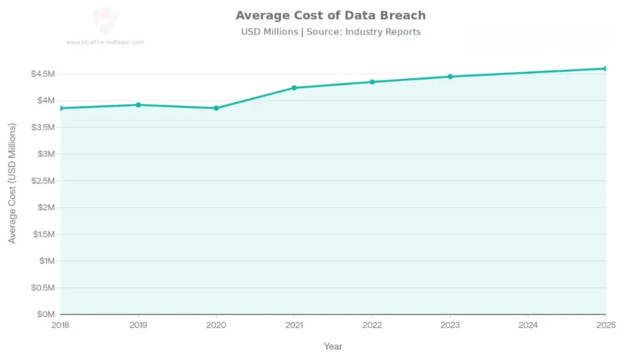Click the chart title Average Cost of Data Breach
331,15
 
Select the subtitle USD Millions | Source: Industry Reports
331,32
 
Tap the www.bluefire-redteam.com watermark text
105,42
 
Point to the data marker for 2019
139,105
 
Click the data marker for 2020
216,108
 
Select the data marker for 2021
294,88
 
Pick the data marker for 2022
372,82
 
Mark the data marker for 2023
450,77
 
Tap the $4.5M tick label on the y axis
43,74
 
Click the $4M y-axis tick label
45,101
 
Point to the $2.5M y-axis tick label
43,181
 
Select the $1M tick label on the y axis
45,261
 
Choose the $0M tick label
45,315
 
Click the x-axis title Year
333,347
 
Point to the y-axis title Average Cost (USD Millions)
12,183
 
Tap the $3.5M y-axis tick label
43,128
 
